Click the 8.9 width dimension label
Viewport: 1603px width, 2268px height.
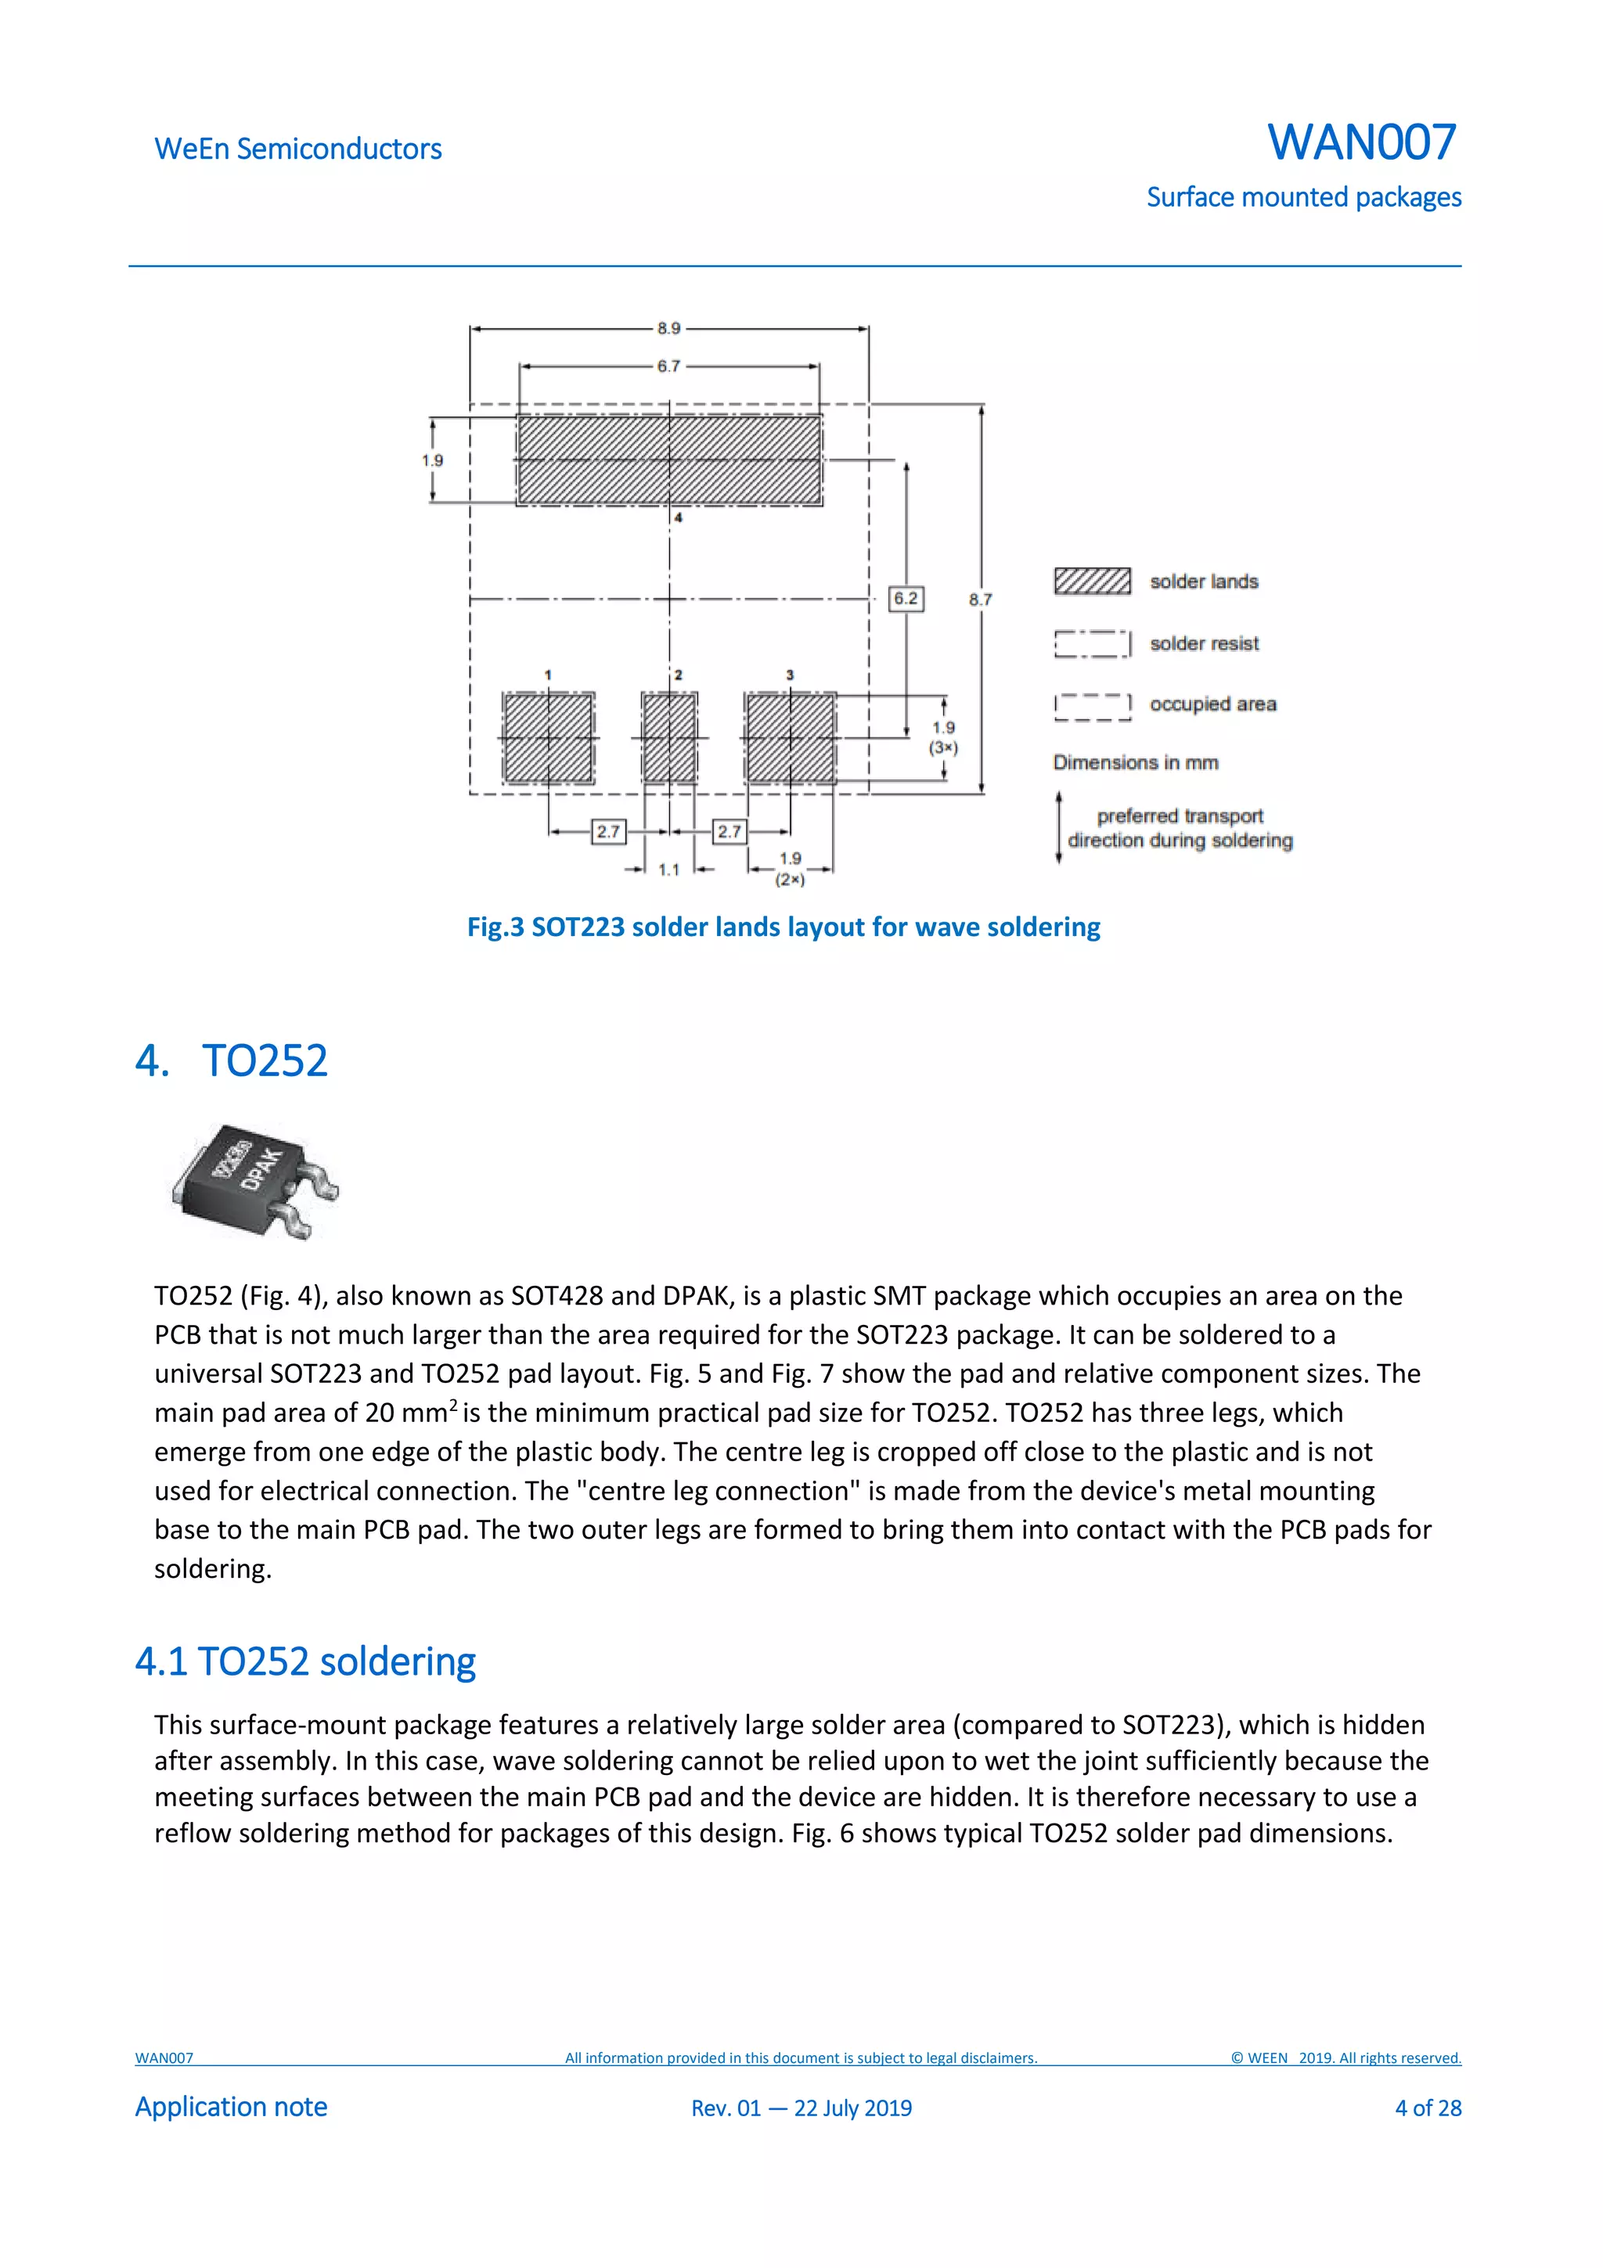click(668, 328)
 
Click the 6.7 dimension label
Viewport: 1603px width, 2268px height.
click(668, 366)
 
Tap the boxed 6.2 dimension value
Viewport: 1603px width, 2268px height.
click(906, 599)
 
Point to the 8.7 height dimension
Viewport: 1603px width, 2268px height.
click(980, 599)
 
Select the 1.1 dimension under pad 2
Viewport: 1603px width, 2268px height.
click(668, 870)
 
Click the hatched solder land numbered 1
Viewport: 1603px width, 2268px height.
click(548, 738)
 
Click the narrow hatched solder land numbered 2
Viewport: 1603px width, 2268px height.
click(670, 738)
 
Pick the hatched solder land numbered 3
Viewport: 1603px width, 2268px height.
click(790, 738)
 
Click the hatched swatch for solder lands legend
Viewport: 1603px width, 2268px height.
click(1091, 581)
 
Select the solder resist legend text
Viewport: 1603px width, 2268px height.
click(1204, 644)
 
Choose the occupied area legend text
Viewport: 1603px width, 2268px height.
click(1213, 704)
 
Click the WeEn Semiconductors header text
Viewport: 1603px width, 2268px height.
click(298, 149)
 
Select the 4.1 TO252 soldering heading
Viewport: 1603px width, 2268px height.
click(305, 1661)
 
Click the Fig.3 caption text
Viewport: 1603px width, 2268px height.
click(783, 927)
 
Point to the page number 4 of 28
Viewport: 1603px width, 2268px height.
click(1427, 2108)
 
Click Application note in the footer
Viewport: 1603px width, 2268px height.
click(231, 2107)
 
